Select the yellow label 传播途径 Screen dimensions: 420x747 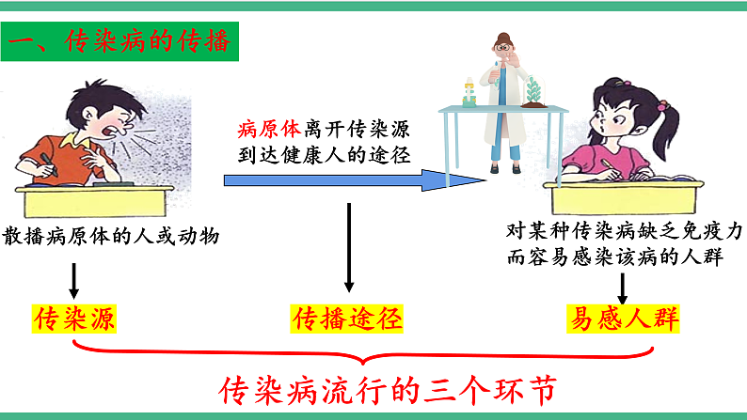[349, 319]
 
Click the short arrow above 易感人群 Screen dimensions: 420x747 [622, 285]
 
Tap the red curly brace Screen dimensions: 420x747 [364, 355]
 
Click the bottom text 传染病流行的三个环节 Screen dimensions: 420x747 [387, 390]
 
